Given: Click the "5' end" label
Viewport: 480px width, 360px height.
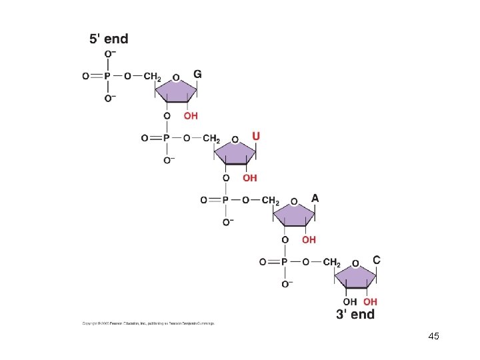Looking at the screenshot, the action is (x=109, y=39).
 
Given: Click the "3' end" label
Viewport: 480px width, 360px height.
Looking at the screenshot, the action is (x=355, y=313).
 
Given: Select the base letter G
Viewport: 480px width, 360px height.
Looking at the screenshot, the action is (x=197, y=73).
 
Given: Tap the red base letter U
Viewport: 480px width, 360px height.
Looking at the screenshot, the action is (x=256, y=136).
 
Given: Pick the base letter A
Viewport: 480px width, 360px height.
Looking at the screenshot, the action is (x=315, y=198).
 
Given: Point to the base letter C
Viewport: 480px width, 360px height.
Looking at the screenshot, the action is (x=377, y=260).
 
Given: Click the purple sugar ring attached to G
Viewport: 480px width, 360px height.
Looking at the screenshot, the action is (x=177, y=91).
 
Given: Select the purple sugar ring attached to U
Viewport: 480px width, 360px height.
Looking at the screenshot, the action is (x=235, y=153).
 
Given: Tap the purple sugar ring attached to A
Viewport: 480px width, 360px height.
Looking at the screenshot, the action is (x=294, y=215).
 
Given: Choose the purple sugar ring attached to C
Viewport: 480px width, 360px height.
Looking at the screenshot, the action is (x=355, y=277).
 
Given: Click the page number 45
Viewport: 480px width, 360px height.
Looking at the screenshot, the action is (x=433, y=336).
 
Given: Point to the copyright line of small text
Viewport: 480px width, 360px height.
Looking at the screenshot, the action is (x=148, y=324).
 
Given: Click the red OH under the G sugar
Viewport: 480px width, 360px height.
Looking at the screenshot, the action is (x=191, y=115).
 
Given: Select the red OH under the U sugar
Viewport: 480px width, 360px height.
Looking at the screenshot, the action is (x=249, y=178).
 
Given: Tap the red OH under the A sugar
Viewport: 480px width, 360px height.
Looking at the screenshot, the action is (x=309, y=239).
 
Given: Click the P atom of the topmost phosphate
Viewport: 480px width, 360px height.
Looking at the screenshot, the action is (x=107, y=77).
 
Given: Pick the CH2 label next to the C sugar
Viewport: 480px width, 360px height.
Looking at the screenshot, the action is (x=331, y=262).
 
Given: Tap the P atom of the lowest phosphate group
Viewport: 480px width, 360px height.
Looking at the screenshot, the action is (x=284, y=262).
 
